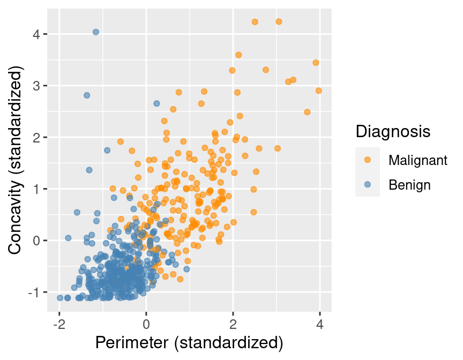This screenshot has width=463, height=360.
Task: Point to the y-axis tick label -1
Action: [x=33, y=292]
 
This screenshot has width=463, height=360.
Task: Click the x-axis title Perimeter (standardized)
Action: [x=189, y=343]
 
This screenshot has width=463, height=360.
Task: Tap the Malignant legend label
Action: [x=418, y=160]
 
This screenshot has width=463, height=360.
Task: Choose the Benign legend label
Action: [x=410, y=185]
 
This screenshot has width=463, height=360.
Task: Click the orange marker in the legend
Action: [x=368, y=160]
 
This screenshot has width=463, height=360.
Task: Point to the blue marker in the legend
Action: [x=368, y=185]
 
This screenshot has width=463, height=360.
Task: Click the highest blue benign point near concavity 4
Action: [x=95, y=32]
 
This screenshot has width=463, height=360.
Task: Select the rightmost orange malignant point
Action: [x=318, y=91]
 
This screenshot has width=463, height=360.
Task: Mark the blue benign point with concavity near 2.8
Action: [x=87, y=95]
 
